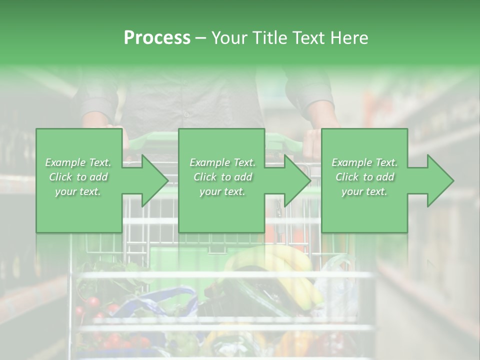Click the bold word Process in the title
[157, 38]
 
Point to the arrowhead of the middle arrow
[297, 180]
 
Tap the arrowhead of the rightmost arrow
[440, 180]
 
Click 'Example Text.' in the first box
[78, 162]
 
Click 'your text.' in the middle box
[222, 191]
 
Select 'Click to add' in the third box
[364, 177]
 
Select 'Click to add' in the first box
[78, 177]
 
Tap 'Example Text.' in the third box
[364, 162]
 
